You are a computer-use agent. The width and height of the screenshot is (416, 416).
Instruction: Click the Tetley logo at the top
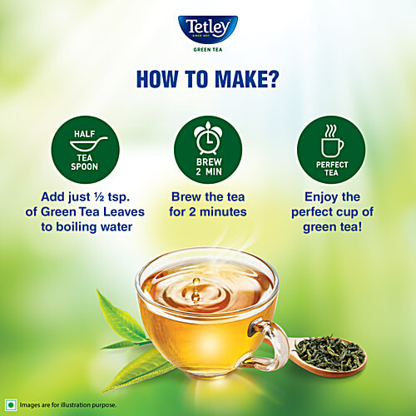click(207, 27)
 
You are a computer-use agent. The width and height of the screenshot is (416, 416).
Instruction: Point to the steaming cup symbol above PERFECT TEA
click(331, 139)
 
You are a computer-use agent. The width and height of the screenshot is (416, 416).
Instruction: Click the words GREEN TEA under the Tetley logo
click(207, 47)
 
